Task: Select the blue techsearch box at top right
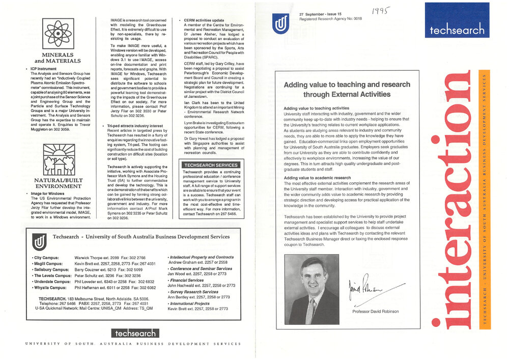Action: point(457,21)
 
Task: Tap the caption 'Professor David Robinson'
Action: point(376,312)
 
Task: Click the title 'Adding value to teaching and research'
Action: point(347,85)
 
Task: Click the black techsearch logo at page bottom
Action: point(135,333)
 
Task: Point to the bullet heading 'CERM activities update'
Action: point(207,20)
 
